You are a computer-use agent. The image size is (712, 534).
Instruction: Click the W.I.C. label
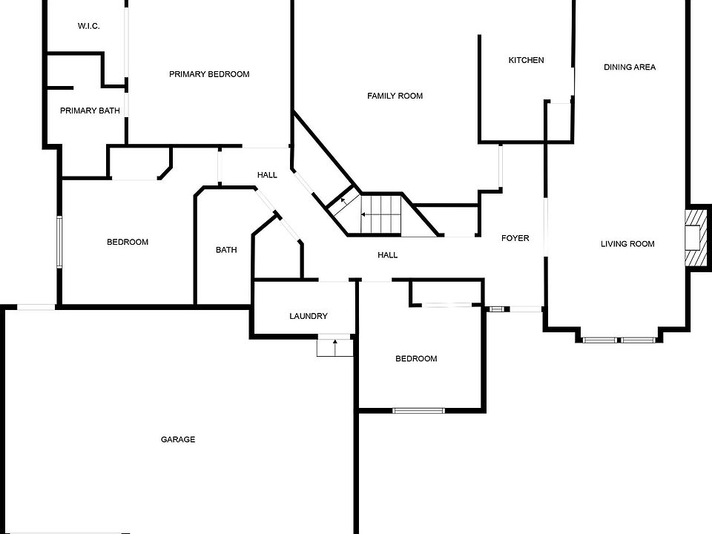click(x=88, y=27)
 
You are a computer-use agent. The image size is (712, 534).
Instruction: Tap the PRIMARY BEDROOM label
click(x=209, y=74)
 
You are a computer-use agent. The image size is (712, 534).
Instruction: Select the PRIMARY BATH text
click(x=90, y=111)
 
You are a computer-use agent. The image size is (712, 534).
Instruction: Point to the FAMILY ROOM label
click(x=395, y=96)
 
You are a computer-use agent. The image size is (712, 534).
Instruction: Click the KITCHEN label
click(x=527, y=60)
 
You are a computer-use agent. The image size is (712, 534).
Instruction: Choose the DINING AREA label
click(x=630, y=67)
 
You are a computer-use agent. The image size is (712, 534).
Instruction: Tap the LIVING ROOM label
click(x=627, y=244)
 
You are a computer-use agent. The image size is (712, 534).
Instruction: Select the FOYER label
click(x=515, y=238)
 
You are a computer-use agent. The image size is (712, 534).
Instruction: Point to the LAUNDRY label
click(x=309, y=316)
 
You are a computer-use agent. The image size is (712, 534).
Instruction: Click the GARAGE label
click(x=178, y=440)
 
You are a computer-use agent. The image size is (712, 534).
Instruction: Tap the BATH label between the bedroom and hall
click(x=226, y=250)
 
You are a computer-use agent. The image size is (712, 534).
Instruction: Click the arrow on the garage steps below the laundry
click(x=335, y=347)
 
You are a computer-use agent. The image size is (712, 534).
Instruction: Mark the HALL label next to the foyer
click(x=388, y=255)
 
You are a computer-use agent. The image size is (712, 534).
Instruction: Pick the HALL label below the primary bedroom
click(x=267, y=175)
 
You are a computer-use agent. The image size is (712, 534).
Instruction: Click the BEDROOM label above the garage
click(x=128, y=242)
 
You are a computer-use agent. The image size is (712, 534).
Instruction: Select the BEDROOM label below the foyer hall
click(x=416, y=359)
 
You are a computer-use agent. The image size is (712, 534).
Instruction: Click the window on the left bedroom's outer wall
click(x=59, y=243)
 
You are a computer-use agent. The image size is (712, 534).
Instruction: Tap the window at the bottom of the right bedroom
click(x=418, y=411)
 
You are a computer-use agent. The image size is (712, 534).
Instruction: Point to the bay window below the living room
click(x=619, y=340)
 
